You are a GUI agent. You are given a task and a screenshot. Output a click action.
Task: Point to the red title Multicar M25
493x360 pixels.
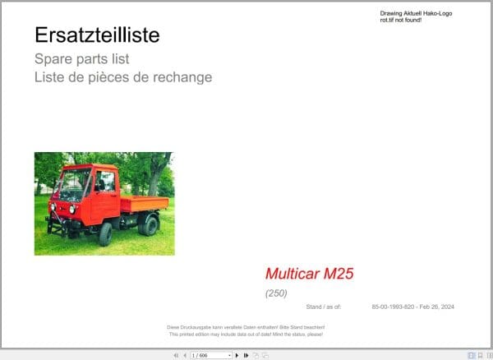pos(309,274)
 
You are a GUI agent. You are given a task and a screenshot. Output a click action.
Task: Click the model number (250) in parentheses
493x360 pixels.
pos(276,293)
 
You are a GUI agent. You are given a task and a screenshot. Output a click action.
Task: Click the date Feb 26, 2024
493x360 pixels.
pos(435,307)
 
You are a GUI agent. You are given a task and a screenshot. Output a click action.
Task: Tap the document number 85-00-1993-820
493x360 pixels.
pos(390,307)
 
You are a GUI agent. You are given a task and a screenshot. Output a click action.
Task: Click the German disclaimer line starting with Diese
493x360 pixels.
pos(246,328)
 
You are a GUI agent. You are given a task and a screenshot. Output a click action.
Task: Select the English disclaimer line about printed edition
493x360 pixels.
pos(246,335)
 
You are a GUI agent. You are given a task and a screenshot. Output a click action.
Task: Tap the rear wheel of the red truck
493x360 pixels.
pos(149,225)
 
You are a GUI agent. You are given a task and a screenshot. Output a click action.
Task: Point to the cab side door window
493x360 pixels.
pos(106,182)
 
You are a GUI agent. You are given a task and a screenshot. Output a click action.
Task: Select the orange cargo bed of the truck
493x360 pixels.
pos(144,203)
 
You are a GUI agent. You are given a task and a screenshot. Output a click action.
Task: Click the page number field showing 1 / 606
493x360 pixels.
pos(210,355)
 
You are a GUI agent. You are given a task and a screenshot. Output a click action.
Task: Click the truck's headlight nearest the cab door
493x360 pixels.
pos(72,209)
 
